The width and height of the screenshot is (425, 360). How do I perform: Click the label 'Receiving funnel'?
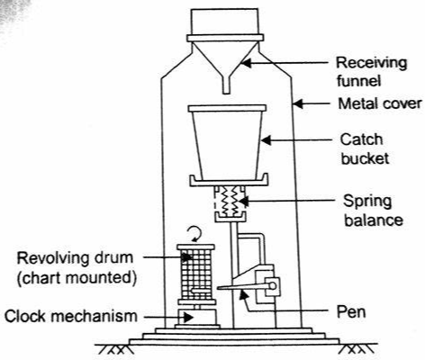(x=371, y=72)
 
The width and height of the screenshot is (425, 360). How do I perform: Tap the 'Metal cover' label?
(x=380, y=103)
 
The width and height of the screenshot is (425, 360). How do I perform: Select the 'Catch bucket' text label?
(x=365, y=149)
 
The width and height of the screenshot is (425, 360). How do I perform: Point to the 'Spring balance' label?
(x=374, y=211)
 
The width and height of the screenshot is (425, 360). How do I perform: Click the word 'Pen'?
(x=351, y=311)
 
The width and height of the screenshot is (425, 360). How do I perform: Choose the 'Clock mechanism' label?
(x=71, y=316)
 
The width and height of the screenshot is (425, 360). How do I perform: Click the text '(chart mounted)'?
(x=77, y=278)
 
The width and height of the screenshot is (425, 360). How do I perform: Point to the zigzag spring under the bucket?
(x=231, y=200)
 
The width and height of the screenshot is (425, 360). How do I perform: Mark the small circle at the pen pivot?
(x=272, y=286)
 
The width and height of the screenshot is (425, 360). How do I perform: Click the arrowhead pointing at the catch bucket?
(x=266, y=140)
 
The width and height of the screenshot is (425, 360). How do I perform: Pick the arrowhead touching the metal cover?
(x=297, y=103)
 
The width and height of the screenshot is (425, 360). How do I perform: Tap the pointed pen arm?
(x=241, y=287)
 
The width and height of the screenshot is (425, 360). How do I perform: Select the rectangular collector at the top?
(x=225, y=22)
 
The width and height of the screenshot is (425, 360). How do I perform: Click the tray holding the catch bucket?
(x=229, y=180)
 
